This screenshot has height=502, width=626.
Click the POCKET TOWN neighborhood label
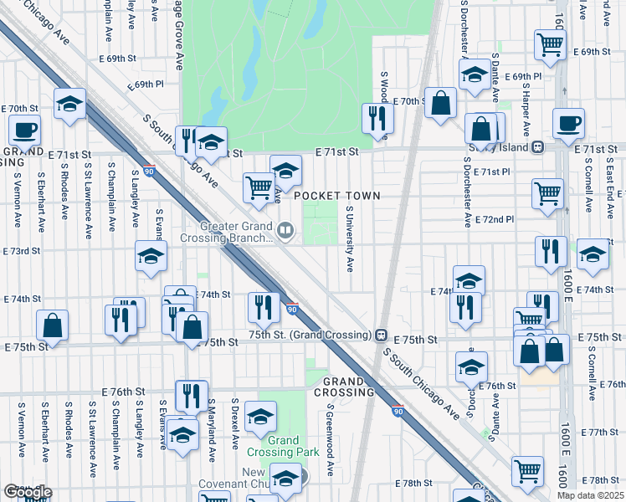[337, 196]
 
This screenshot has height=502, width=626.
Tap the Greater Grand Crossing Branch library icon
[285, 231]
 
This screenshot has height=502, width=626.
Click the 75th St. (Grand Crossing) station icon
[380, 335]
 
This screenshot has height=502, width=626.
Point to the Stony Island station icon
[537, 147]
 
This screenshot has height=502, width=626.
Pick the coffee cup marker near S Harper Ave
[568, 122]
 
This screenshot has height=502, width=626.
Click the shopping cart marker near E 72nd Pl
[547, 192]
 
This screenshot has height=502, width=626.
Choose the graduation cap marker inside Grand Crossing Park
[261, 417]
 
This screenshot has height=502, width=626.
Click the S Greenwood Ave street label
[331, 440]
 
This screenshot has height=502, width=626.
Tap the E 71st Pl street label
[491, 172]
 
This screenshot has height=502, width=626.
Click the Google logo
[27, 492]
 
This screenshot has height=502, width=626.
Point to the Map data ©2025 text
[589, 495]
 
